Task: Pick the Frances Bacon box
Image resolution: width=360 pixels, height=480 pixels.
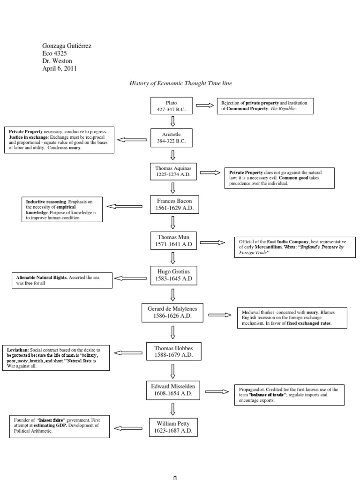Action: pyautogui.click(x=174, y=204)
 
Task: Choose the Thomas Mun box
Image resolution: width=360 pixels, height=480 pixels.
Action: pyautogui.click(x=173, y=242)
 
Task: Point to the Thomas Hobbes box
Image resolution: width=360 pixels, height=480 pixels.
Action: pyautogui.click(x=173, y=352)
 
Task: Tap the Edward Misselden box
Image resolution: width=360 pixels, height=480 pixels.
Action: pyautogui.click(x=173, y=390)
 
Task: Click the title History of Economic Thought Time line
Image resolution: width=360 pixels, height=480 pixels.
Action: pyautogui.click(x=180, y=83)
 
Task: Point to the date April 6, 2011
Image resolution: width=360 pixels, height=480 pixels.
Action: pyautogui.click(x=60, y=68)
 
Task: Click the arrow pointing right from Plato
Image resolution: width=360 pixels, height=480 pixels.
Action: pyautogui.click(x=204, y=105)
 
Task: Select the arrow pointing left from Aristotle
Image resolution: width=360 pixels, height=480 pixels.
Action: pyautogui.click(x=132, y=139)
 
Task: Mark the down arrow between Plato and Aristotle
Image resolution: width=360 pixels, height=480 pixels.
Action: pyautogui.click(x=172, y=121)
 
